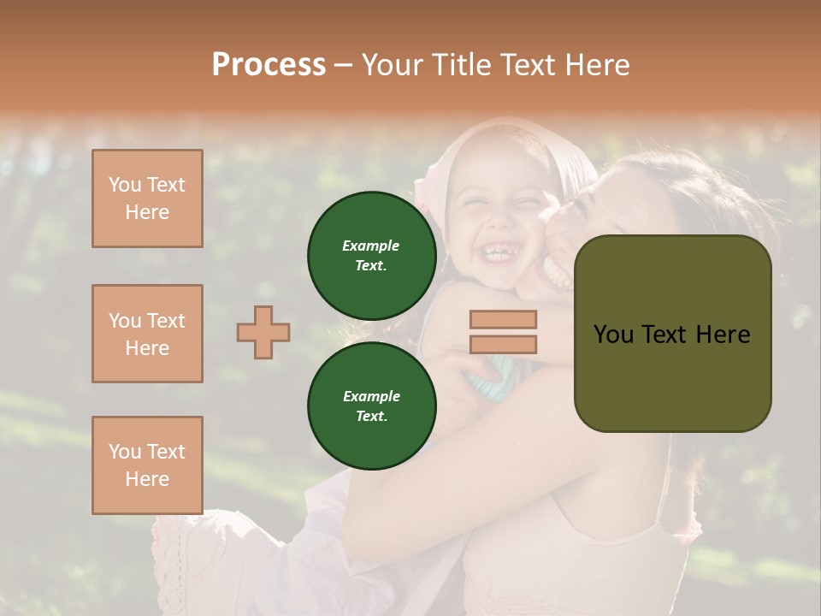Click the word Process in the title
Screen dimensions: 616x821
[269, 64]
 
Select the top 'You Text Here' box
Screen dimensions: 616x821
[147, 198]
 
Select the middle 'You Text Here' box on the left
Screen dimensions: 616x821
[147, 334]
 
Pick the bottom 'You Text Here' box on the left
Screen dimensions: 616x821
[147, 465]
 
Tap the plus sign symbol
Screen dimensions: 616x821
[263, 332]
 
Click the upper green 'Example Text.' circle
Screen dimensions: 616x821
[371, 256]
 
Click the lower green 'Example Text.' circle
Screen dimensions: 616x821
[371, 406]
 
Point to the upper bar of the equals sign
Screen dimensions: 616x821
[503, 319]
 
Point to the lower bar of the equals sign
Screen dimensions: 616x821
[503, 344]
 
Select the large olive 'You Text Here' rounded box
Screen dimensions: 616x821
[672, 334]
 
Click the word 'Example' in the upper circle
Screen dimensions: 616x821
[371, 246]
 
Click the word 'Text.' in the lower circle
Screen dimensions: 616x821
[371, 417]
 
